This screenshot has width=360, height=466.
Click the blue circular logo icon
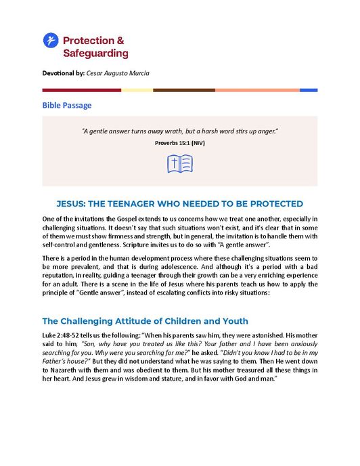pos(51,41)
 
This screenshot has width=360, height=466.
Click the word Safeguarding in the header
pos(95,53)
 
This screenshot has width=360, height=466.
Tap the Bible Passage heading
pos(67,105)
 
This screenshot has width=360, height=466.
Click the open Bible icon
pos(180,164)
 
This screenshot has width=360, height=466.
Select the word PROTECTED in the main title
pos(270,204)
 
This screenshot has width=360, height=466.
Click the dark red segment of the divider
pos(82,89)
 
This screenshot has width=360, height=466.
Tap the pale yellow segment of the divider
pos(137,89)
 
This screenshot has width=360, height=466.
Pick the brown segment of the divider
pos(184,89)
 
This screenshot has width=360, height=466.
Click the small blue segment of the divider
pos(309,89)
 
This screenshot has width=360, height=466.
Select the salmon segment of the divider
pos(257,89)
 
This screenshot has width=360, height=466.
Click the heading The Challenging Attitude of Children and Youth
pos(145,321)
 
